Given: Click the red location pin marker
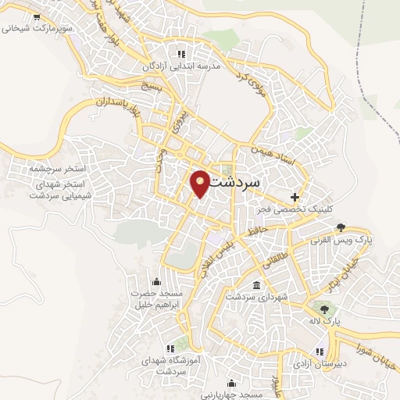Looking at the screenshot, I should (x=201, y=184).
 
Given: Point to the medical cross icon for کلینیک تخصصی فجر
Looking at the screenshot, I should (x=295, y=196).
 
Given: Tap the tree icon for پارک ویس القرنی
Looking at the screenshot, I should (x=341, y=229).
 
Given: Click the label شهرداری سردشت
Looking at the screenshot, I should (x=257, y=297).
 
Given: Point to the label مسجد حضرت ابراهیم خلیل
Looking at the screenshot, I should (x=155, y=299).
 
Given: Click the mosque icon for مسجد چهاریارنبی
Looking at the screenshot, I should (x=231, y=383).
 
